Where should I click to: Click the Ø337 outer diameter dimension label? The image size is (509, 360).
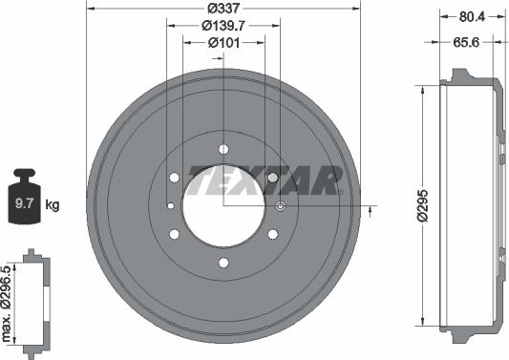click(x=223, y=10)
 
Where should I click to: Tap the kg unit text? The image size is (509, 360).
click(x=53, y=204)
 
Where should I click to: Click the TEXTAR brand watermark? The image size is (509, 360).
click(x=265, y=178)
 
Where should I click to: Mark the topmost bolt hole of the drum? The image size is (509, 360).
click(x=223, y=149)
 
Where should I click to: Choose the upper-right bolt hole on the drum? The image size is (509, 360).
click(x=273, y=178)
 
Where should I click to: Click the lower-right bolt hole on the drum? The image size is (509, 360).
click(x=273, y=234)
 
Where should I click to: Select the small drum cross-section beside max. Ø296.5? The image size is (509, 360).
click(x=35, y=301)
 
